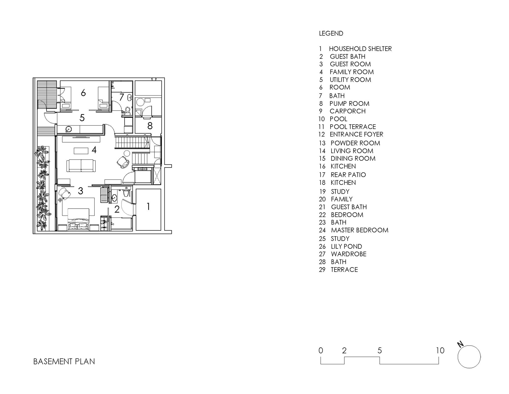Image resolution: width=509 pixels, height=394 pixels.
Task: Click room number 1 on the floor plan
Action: point(148,206)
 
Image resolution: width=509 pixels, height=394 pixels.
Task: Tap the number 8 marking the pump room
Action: point(150,126)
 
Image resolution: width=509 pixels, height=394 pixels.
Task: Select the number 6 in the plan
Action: point(83,93)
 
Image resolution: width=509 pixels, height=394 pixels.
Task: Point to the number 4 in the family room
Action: point(94,150)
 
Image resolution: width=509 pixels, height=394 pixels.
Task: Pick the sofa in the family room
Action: point(81,166)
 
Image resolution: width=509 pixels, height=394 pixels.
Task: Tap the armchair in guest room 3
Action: point(65,194)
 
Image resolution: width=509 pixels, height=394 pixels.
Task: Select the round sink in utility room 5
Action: point(69,130)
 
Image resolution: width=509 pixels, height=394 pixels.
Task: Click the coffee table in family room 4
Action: point(81,151)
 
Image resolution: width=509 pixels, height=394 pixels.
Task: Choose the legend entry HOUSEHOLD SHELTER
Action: point(360,49)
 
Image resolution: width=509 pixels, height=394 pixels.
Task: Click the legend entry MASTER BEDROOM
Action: point(360,230)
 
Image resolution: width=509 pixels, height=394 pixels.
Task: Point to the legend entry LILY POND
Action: point(346,246)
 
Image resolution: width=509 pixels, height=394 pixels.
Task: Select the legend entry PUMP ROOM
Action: point(349,104)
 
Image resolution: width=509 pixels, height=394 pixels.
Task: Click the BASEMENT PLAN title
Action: point(64,361)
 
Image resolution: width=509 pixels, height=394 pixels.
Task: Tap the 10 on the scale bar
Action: point(440,350)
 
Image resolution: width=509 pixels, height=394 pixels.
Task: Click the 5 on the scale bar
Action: point(380,350)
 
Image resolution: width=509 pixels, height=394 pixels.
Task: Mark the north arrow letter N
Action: point(460,344)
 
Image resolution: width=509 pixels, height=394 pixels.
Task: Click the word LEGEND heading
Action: point(331,33)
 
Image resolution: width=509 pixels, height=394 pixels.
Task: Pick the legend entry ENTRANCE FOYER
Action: point(357,134)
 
